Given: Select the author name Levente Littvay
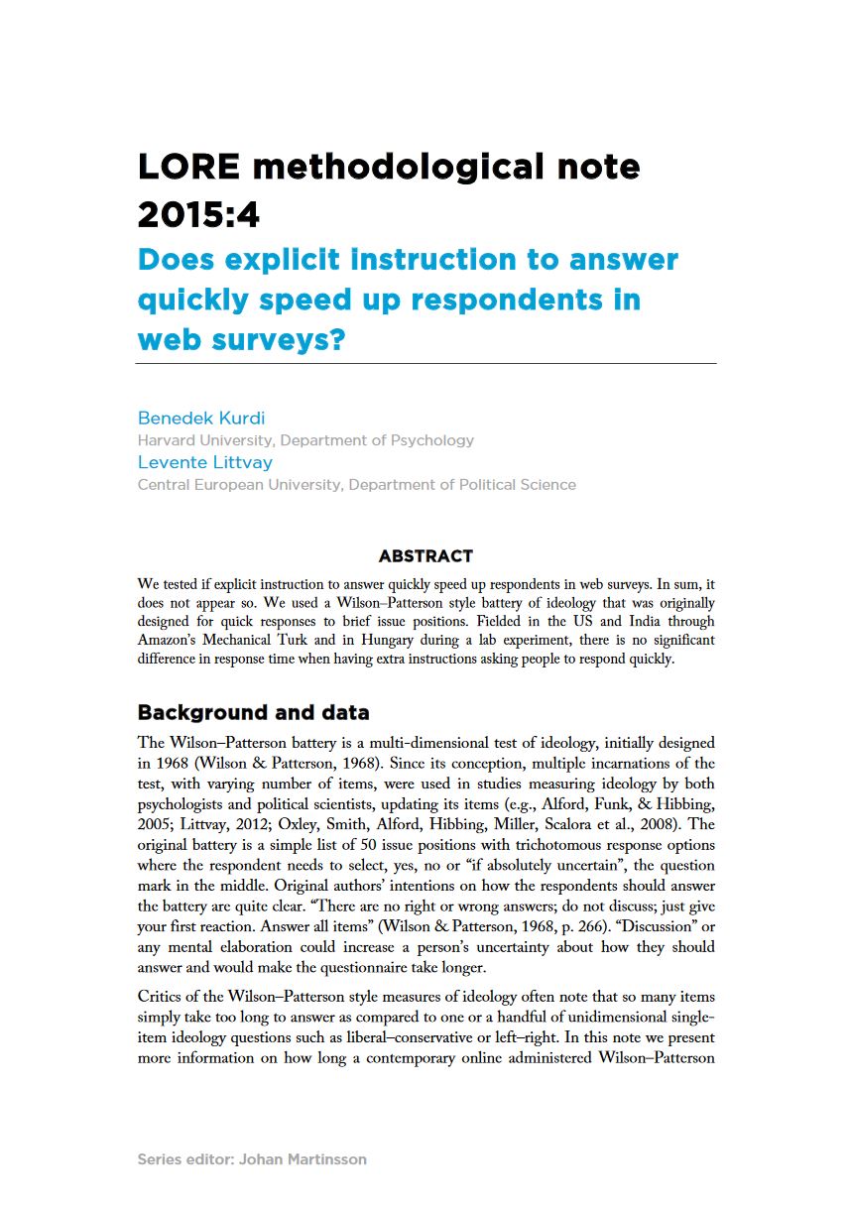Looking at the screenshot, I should (x=204, y=462).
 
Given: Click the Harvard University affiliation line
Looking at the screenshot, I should (x=305, y=439).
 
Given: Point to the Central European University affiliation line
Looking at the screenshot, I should (x=356, y=485).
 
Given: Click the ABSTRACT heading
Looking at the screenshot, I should (x=425, y=556).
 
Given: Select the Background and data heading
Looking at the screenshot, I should (x=253, y=712).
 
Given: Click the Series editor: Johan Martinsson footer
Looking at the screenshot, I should (x=252, y=1158).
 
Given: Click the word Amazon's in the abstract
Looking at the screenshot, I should (x=171, y=641).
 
